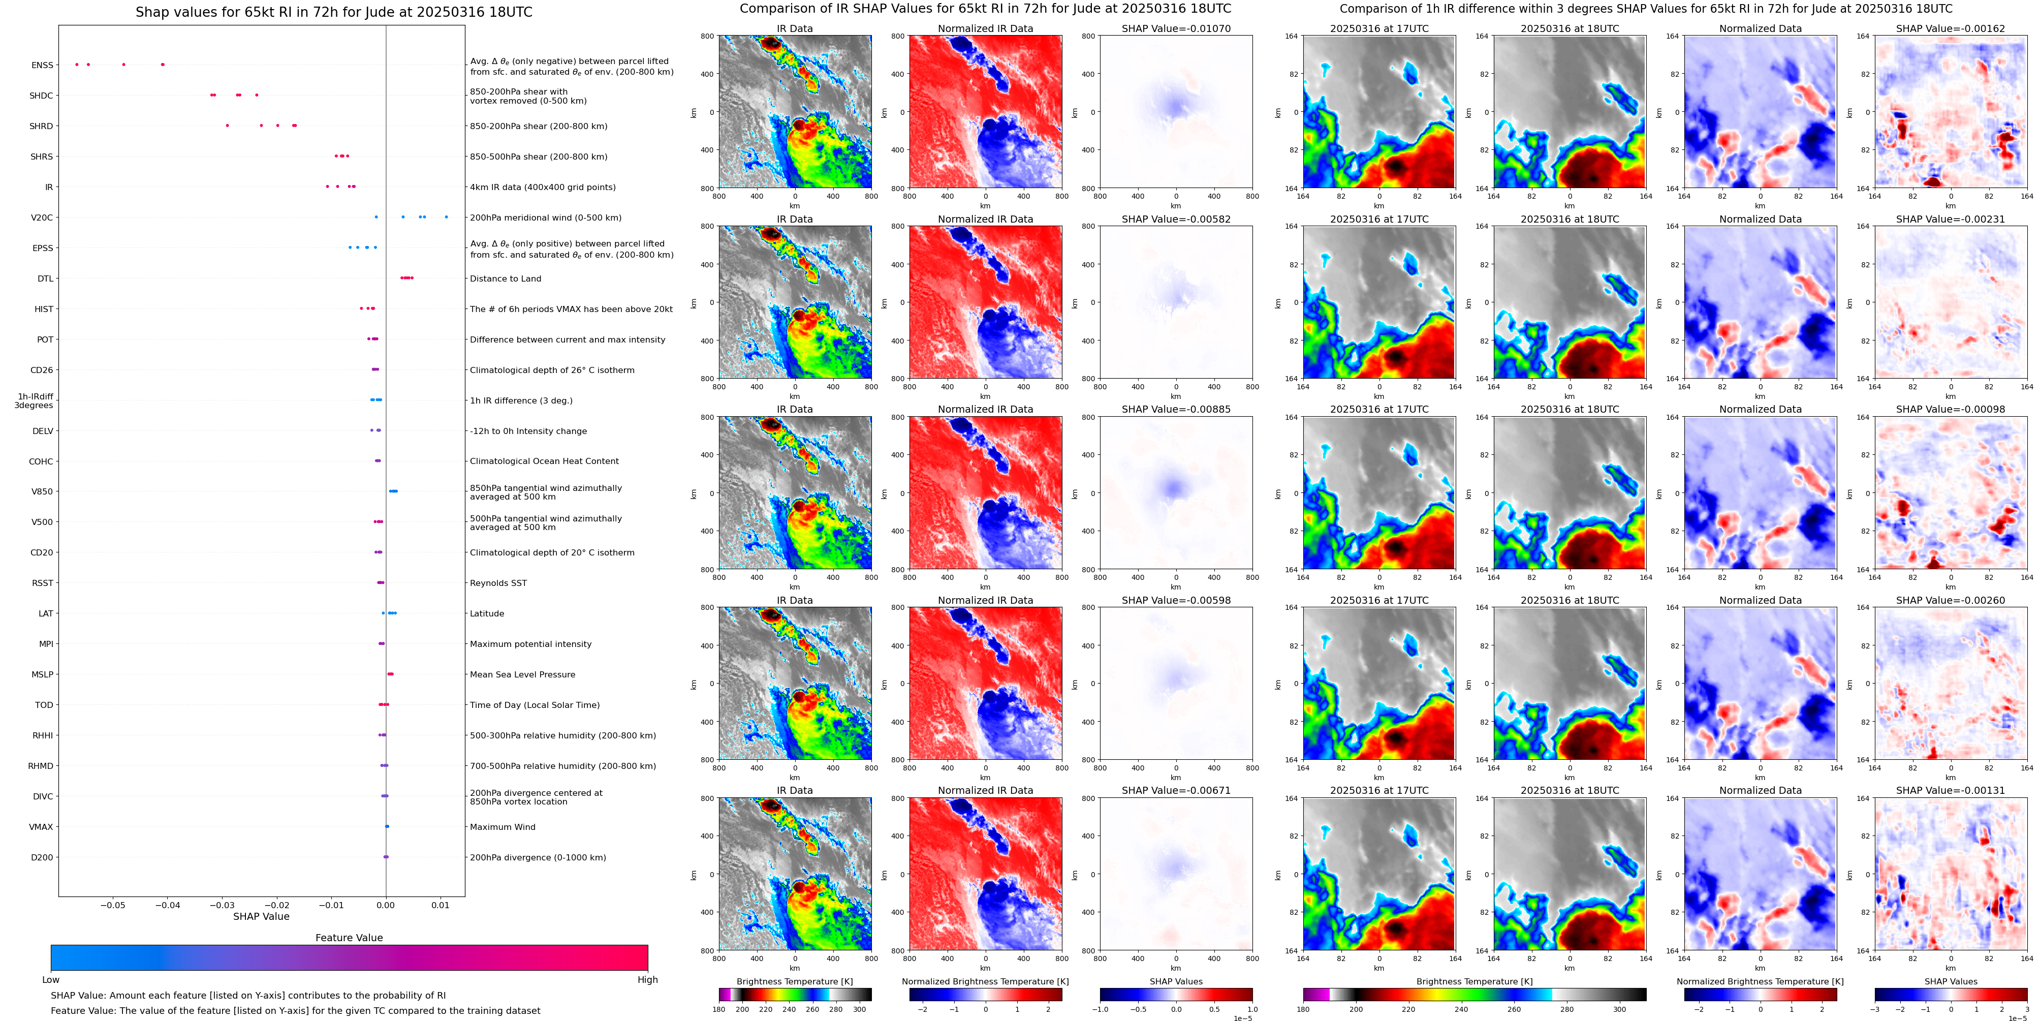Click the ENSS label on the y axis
click(42, 66)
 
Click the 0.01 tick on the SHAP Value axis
click(441, 905)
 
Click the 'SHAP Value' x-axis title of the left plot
click(261, 916)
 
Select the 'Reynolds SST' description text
click(498, 583)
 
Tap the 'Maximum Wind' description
click(502, 827)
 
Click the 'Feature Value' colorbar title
click(349, 938)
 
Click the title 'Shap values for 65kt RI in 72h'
click(333, 12)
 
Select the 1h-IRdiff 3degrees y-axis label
click(35, 401)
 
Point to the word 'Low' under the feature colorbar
click(51, 980)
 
